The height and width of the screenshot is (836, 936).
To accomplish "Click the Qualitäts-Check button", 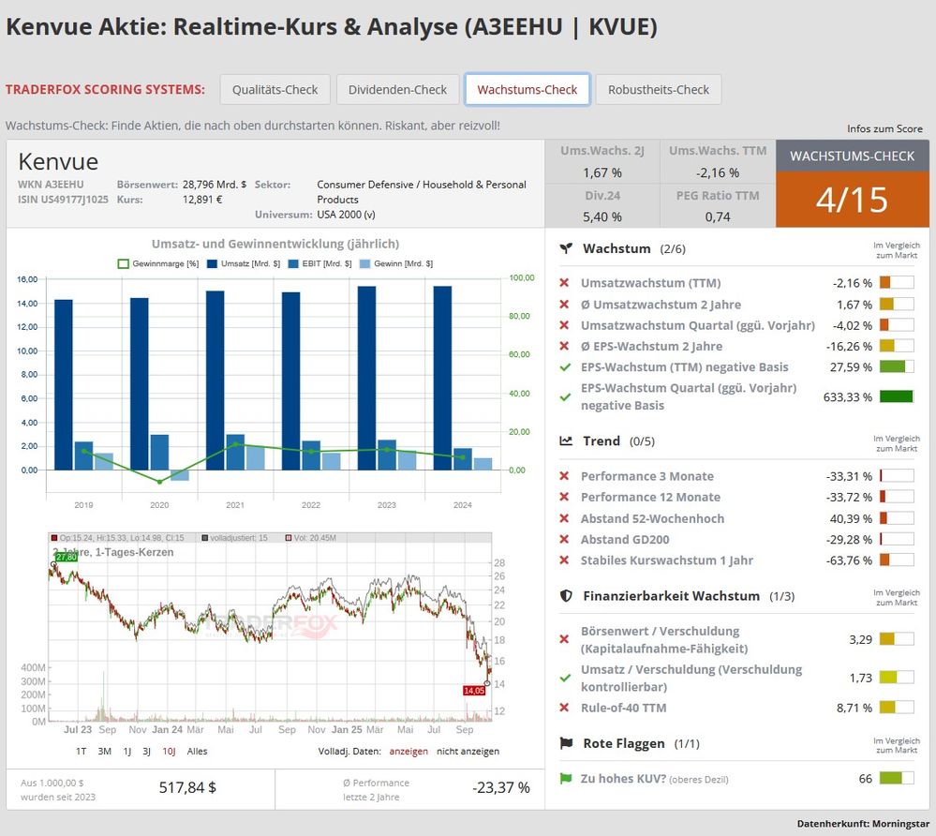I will (x=275, y=90).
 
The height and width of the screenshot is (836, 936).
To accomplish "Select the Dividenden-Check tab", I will (x=397, y=90).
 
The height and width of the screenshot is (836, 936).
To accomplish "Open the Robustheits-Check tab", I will (x=658, y=90).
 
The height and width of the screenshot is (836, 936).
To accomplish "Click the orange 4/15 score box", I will (x=852, y=200).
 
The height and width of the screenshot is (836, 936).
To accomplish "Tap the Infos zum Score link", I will (x=884, y=128).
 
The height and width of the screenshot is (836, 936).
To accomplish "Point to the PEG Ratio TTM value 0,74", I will (x=719, y=216).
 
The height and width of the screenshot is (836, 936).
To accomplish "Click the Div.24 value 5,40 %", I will (x=602, y=216).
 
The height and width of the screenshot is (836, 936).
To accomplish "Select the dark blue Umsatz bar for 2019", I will (x=64, y=384).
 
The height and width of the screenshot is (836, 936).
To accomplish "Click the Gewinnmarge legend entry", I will (x=158, y=263).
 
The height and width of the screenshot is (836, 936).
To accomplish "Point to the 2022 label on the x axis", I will (x=310, y=505).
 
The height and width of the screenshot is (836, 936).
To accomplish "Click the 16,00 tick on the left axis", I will (x=27, y=279).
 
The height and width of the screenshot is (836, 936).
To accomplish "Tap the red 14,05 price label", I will (x=474, y=691).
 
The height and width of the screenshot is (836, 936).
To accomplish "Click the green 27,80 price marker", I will (x=66, y=557).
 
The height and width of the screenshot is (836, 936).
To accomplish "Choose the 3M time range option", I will (x=105, y=751).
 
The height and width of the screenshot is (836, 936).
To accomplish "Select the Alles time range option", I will (x=197, y=751).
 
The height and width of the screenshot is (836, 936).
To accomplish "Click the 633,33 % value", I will (x=847, y=396).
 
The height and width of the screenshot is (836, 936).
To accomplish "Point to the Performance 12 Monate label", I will (x=650, y=497).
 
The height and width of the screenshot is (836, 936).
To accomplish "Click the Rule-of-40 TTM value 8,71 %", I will (x=854, y=708).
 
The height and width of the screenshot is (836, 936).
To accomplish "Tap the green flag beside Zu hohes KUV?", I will (x=566, y=779).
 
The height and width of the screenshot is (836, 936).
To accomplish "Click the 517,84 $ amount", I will (x=187, y=787).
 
